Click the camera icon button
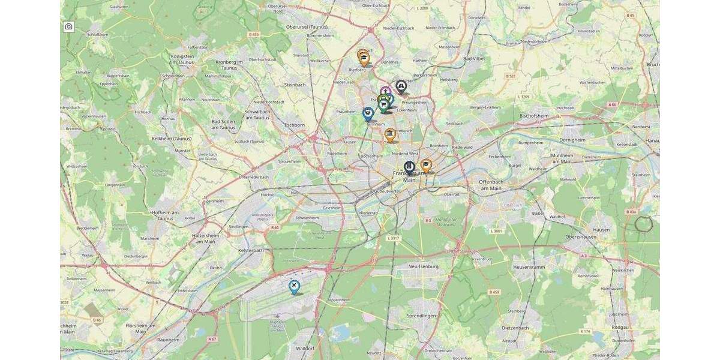point(69,27)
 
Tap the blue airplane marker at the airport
point(294,287)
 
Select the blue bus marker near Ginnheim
point(368,112)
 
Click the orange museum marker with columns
point(390,134)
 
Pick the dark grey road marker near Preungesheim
point(401,87)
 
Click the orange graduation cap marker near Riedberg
point(363,58)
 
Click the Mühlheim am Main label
point(553,158)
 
